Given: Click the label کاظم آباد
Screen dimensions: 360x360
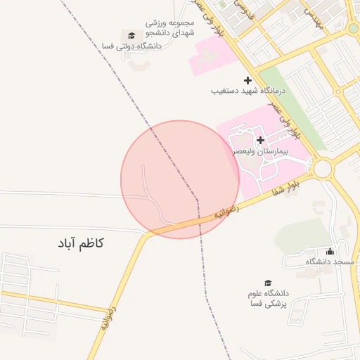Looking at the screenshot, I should point(82,243).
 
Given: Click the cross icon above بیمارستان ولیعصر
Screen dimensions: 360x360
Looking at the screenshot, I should point(260,140).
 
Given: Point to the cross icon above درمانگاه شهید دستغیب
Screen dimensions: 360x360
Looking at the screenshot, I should point(247,80).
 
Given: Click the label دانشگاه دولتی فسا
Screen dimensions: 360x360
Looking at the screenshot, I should point(132,46).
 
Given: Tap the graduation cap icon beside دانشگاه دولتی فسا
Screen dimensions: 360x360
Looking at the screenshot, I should point(131,35).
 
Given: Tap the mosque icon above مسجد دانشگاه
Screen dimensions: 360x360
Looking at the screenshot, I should point(330,251).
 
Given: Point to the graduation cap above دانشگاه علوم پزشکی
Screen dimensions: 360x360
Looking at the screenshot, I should point(268,283).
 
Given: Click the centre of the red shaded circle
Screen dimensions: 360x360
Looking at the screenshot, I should point(180,180).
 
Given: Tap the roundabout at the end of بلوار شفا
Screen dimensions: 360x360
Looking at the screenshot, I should point(323,169).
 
